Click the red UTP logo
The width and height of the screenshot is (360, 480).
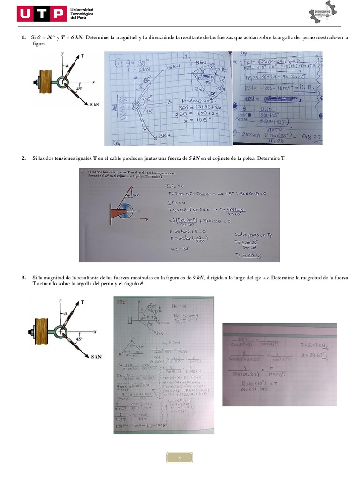tap(41, 14)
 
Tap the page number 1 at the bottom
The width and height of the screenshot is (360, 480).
tap(180, 458)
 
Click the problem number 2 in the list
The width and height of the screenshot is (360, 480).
tap(23, 158)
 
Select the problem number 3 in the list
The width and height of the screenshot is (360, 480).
tap(23, 278)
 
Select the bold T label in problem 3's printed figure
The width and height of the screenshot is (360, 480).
tap(83, 303)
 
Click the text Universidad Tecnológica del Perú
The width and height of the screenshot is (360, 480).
tap(82, 14)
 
